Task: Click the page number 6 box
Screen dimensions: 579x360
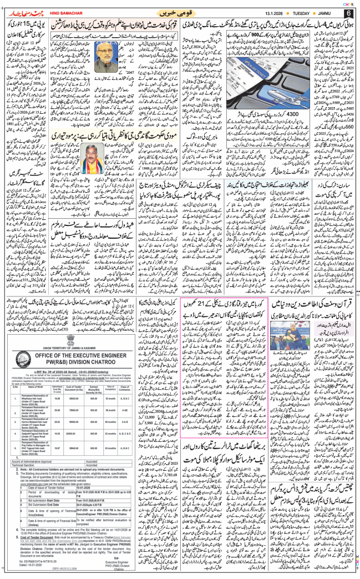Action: coord(348,13)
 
